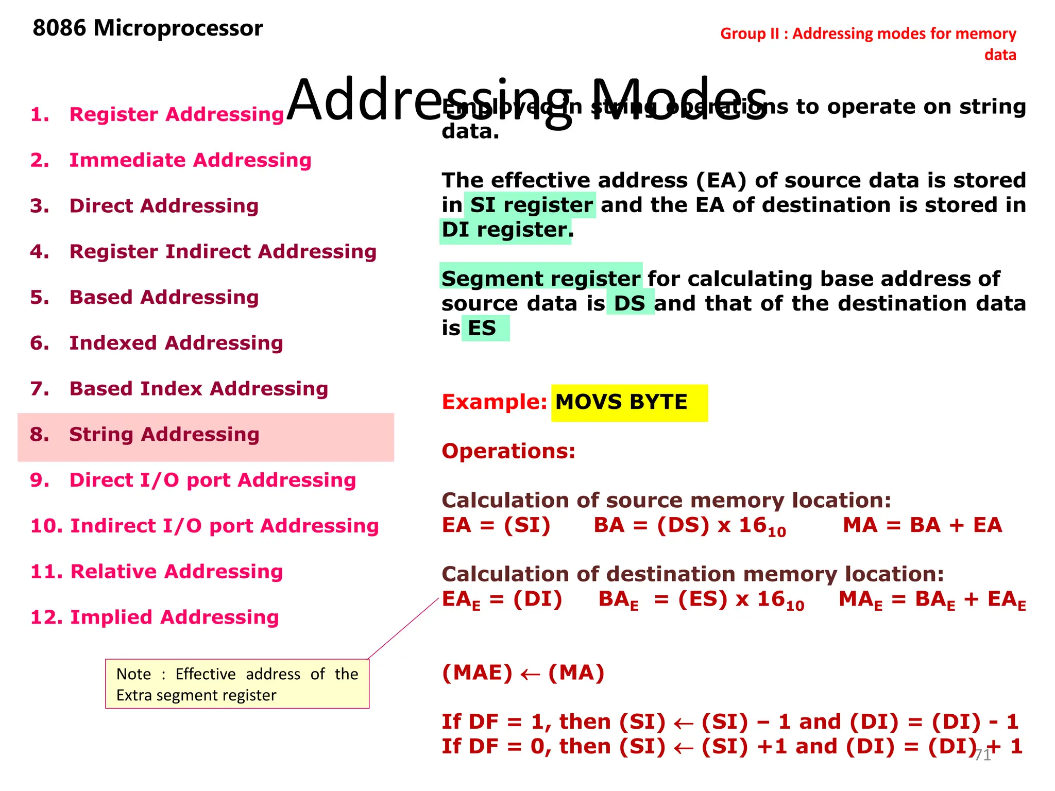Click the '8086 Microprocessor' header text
click(x=147, y=28)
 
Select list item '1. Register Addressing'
click(x=157, y=114)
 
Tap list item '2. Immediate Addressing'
click(x=171, y=160)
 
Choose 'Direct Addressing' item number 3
click(x=144, y=206)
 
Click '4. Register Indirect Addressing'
click(x=203, y=252)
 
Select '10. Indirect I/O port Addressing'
click(x=205, y=526)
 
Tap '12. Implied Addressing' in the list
click(x=155, y=617)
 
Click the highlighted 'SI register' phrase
click(x=531, y=205)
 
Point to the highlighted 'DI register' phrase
click(x=505, y=230)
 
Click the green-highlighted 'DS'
click(x=630, y=303)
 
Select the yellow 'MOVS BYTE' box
click(x=629, y=403)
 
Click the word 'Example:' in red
click(x=494, y=402)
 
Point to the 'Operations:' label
click(x=508, y=451)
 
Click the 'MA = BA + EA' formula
click(x=922, y=525)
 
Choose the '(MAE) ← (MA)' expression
click(x=523, y=673)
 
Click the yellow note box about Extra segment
click(x=237, y=684)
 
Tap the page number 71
click(x=982, y=755)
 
